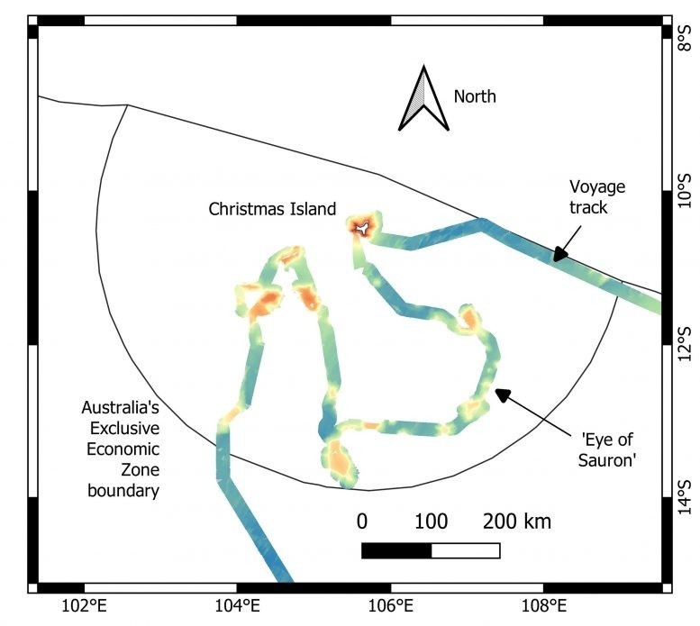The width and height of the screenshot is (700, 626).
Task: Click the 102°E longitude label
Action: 85,606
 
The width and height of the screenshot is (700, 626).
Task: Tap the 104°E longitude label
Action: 237,606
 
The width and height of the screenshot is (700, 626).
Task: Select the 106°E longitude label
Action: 391,606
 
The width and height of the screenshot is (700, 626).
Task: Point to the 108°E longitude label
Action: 544,606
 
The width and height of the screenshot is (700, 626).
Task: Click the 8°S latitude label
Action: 685,39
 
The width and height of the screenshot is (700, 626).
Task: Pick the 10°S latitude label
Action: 685,191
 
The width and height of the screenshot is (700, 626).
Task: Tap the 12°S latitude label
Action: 685,344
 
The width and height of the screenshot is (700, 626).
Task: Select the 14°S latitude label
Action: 685,497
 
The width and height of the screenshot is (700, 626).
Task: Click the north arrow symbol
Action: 423,98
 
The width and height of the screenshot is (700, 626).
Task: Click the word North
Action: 475,96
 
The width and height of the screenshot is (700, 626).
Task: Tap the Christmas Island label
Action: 272,209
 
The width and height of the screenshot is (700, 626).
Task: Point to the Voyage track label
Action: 597,196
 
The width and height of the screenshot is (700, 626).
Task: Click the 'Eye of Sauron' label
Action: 606,449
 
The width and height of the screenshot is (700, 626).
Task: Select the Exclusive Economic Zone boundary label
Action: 121,449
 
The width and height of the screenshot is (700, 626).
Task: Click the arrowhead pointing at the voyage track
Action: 559,254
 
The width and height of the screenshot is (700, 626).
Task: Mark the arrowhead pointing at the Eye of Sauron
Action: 503,395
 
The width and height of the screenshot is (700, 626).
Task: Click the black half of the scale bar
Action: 396,550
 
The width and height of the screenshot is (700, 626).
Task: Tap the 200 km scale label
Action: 517,522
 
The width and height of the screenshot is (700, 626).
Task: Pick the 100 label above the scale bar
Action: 432,522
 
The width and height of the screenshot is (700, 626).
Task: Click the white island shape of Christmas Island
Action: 363,228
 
